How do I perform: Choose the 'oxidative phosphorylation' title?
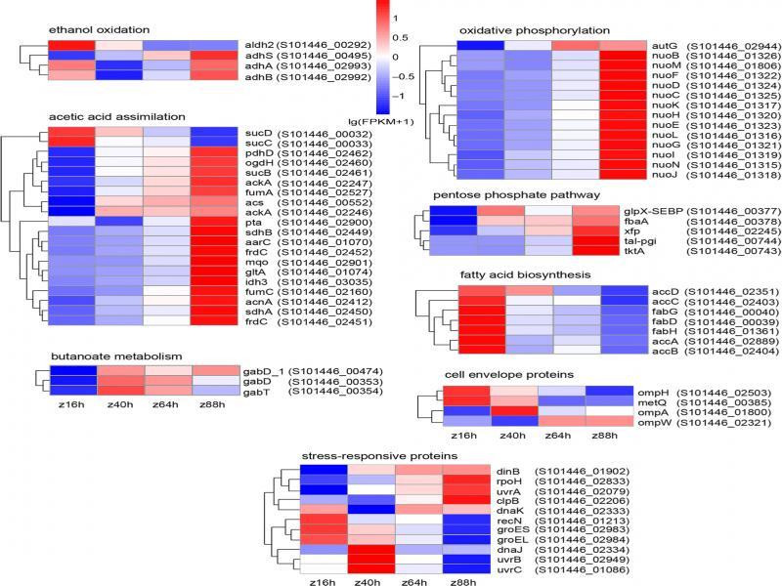[x=535, y=31]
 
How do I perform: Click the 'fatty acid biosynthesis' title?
[x=517, y=275]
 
